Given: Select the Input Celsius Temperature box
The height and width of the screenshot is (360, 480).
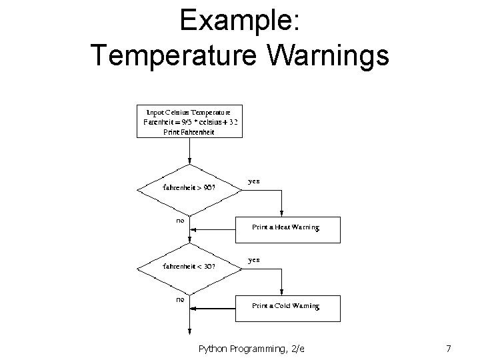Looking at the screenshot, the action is click(x=189, y=121).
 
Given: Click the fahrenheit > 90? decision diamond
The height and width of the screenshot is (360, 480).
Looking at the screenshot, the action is click(x=189, y=187).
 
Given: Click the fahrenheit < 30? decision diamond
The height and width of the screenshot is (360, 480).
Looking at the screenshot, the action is click(x=189, y=266).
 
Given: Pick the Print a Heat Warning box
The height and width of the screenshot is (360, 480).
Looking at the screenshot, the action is click(x=287, y=228).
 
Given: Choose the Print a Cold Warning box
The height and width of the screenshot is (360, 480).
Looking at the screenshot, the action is click(x=287, y=306).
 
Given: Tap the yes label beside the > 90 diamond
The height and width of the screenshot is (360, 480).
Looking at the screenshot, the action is click(x=254, y=181).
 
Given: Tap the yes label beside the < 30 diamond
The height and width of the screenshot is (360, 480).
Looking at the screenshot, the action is click(x=254, y=259).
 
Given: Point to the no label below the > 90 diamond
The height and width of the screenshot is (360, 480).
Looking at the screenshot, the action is click(x=180, y=221).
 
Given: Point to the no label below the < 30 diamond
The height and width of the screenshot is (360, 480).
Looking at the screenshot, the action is click(x=180, y=300).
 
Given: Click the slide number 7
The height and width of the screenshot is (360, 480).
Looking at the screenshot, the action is click(x=449, y=348).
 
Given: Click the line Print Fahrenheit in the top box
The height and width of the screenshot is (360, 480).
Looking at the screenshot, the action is click(x=189, y=131).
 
